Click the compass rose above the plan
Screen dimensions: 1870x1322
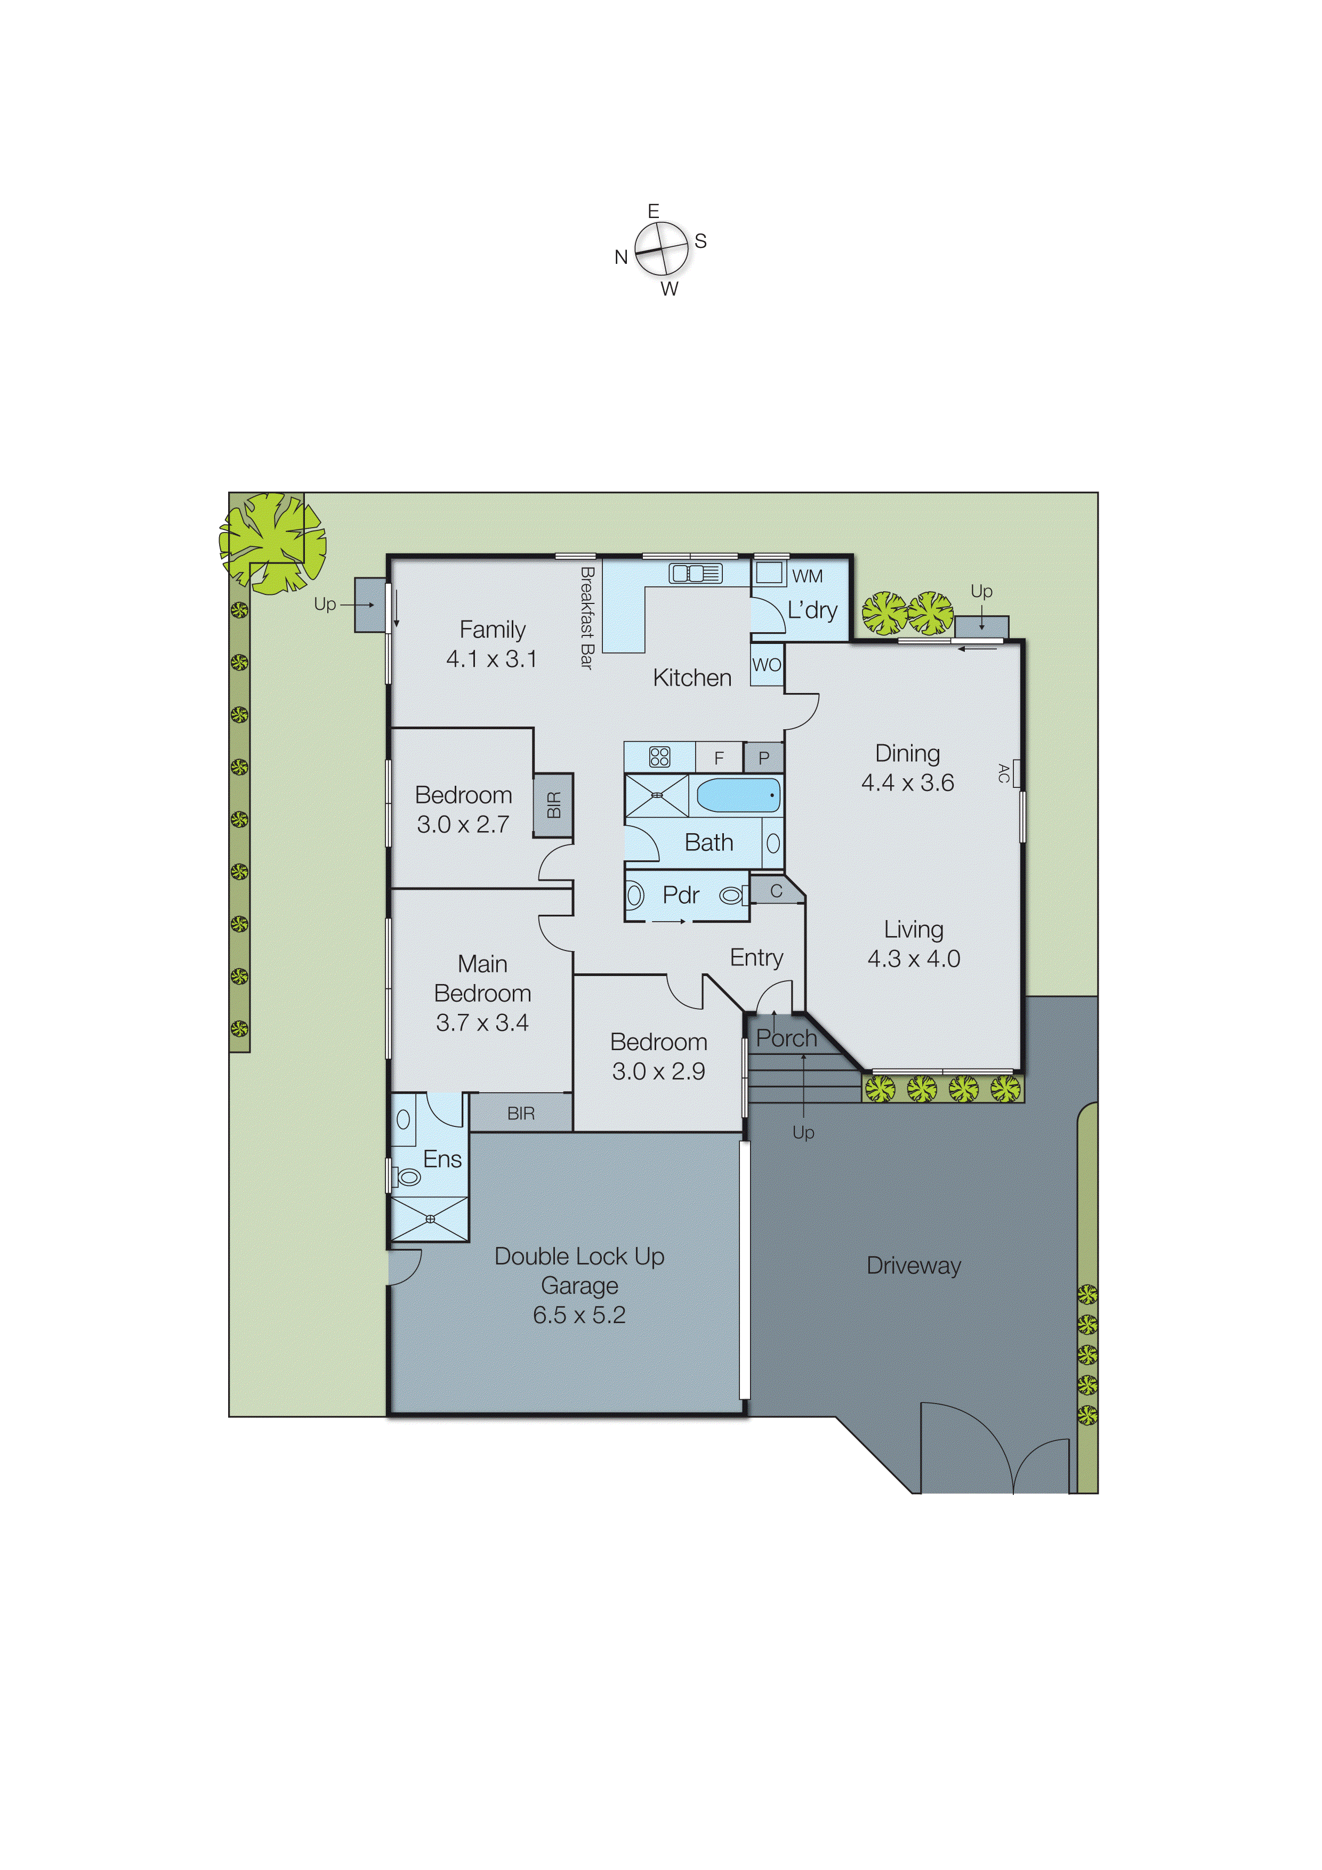click(x=662, y=248)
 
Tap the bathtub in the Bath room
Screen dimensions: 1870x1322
click(x=738, y=795)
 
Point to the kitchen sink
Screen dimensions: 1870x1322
click(x=695, y=574)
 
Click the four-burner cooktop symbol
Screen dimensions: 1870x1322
click(x=659, y=756)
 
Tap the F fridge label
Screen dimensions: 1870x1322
click(x=719, y=758)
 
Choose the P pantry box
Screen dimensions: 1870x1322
click(x=763, y=758)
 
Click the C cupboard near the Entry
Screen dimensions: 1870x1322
click(x=776, y=891)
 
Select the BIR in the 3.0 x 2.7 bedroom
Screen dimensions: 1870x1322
click(x=553, y=805)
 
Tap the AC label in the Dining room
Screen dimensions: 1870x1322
click(x=1004, y=773)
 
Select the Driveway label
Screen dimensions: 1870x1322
click(x=913, y=1266)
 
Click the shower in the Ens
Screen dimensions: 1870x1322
click(x=430, y=1219)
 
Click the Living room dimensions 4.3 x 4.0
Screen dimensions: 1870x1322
click(x=913, y=958)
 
